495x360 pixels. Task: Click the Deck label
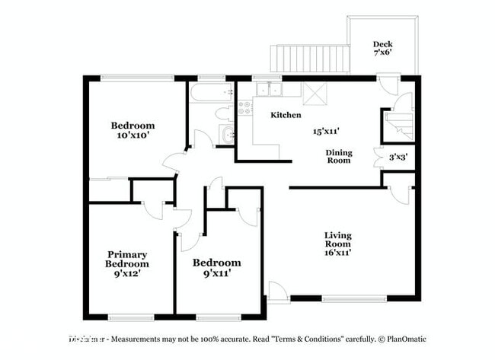tap(383, 44)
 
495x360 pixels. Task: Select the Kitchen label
tap(286, 115)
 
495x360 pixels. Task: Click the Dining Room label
tap(339, 156)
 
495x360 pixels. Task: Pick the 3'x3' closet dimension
tap(398, 157)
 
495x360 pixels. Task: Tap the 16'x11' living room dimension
tap(338, 252)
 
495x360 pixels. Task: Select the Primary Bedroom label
tap(127, 259)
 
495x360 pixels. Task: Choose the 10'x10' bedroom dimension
tap(133, 135)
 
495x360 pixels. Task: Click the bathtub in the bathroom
tap(210, 94)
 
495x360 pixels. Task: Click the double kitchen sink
tap(269, 91)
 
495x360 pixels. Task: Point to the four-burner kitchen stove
tap(245, 107)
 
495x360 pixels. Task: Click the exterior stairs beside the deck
tap(309, 58)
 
